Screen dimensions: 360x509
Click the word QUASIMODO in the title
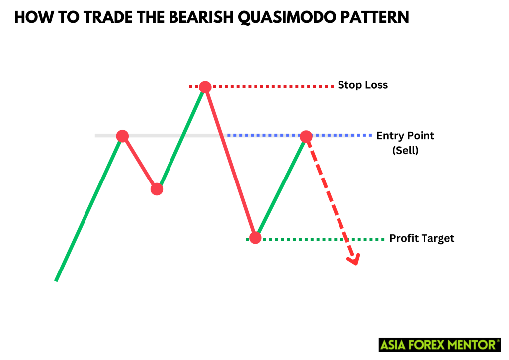(x=279, y=18)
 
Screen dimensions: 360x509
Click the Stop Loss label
(x=362, y=85)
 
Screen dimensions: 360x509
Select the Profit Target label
(x=422, y=239)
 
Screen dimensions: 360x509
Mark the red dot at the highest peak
(x=204, y=87)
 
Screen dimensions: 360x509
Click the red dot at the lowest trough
(x=255, y=238)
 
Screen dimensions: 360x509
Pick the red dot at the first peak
(x=122, y=136)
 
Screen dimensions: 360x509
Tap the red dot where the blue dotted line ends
(x=306, y=136)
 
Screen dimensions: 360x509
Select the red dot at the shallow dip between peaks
(x=157, y=189)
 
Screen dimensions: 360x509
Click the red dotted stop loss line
(x=273, y=86)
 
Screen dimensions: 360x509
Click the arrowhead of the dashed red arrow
(x=354, y=260)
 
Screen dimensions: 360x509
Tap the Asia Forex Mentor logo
(x=439, y=344)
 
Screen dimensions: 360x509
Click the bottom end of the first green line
(x=56, y=280)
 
